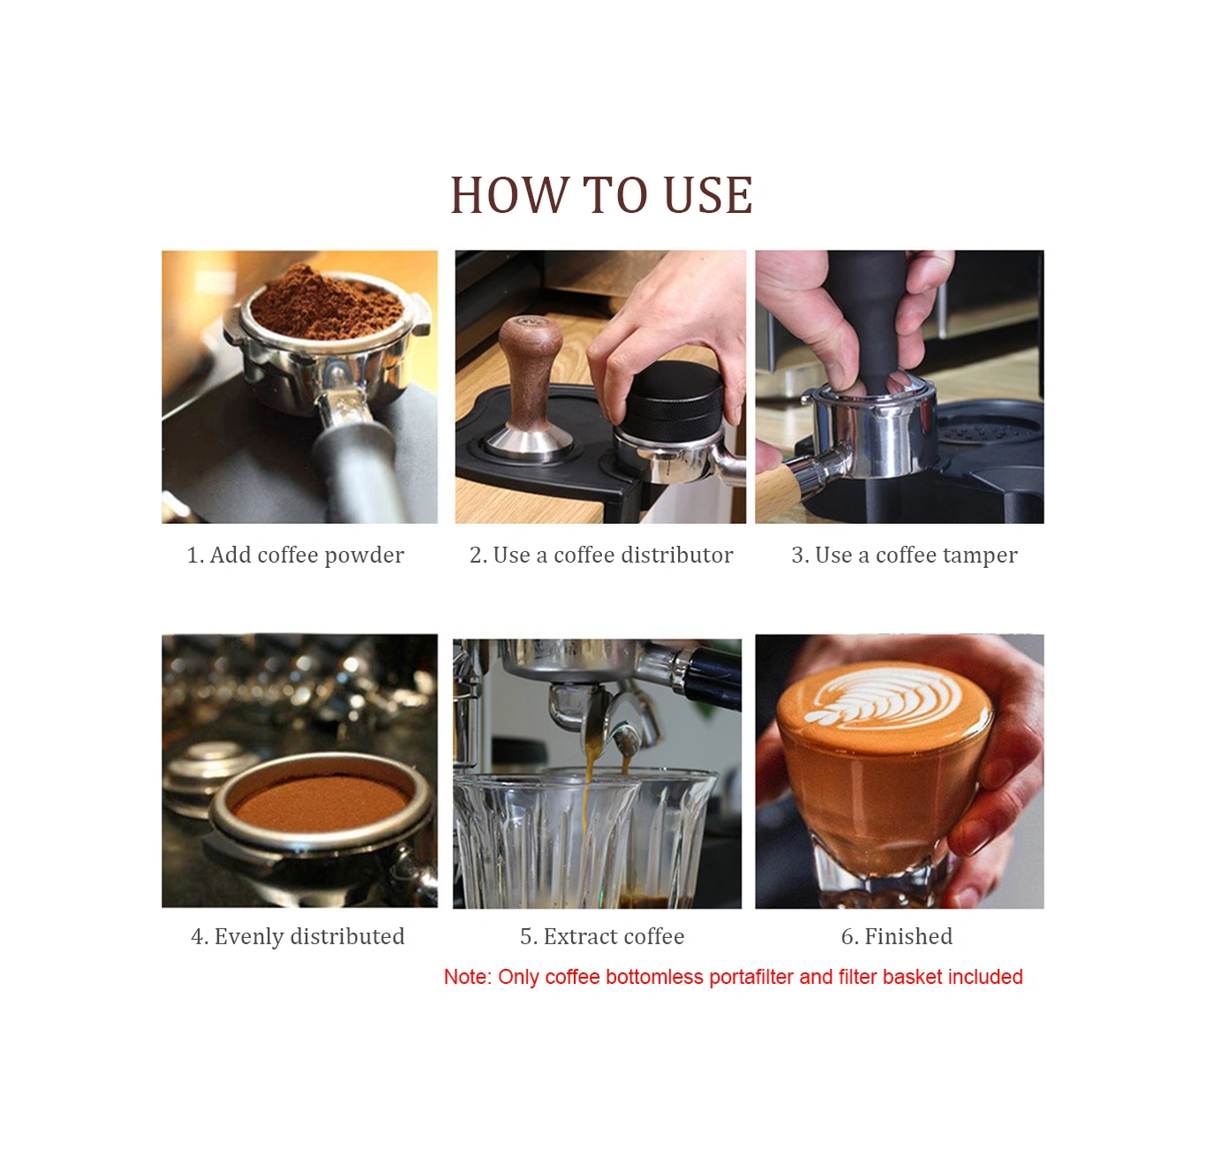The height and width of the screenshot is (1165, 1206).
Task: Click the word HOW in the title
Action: [x=509, y=195]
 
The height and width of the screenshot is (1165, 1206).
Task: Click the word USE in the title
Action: [x=708, y=195]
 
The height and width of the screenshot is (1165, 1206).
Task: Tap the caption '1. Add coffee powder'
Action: [x=295, y=555]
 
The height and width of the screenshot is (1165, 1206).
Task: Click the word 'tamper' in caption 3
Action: [x=976, y=556]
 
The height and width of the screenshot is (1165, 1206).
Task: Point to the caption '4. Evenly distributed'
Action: [x=298, y=935]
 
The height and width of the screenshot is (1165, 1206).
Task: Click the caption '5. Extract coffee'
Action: [x=602, y=935]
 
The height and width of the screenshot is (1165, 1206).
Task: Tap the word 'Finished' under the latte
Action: [x=908, y=935]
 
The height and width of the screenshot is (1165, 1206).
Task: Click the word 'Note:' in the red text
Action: [x=468, y=977]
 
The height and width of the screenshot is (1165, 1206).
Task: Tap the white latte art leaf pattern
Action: [x=882, y=693]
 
